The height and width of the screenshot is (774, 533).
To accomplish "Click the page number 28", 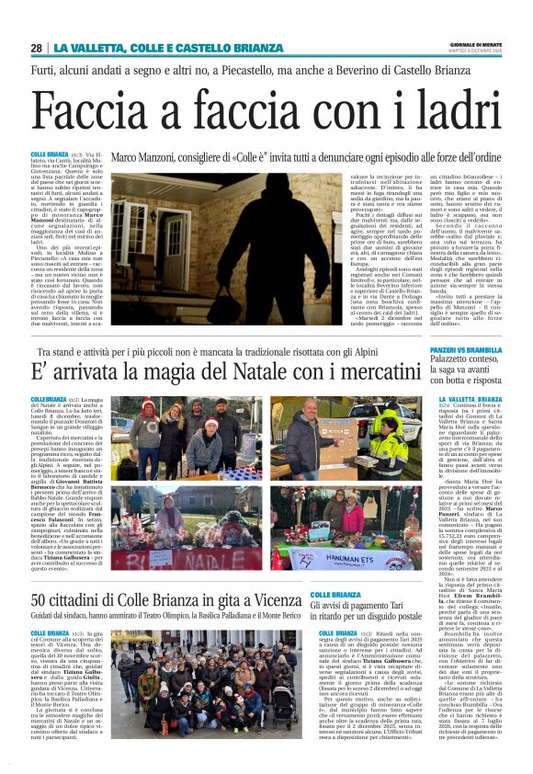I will [36, 48].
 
